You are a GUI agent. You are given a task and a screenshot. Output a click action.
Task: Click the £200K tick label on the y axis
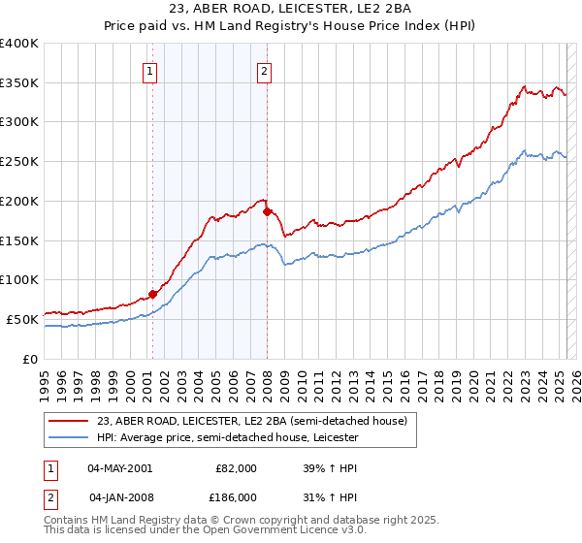[x=18, y=201]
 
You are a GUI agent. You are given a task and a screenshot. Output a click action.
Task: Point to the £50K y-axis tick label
[x=21, y=319]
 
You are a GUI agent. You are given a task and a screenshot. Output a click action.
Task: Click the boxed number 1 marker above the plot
[x=151, y=70]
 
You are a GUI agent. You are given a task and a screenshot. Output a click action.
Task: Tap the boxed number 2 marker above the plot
[x=264, y=70]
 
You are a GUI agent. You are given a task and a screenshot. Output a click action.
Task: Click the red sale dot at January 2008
[x=268, y=210]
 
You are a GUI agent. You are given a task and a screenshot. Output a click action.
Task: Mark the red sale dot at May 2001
[x=153, y=294]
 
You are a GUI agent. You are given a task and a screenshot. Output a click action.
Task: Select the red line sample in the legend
[x=69, y=421]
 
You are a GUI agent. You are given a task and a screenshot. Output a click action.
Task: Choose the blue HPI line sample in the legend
[x=69, y=438]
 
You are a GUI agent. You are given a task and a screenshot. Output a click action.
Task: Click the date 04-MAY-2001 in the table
[x=119, y=467]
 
